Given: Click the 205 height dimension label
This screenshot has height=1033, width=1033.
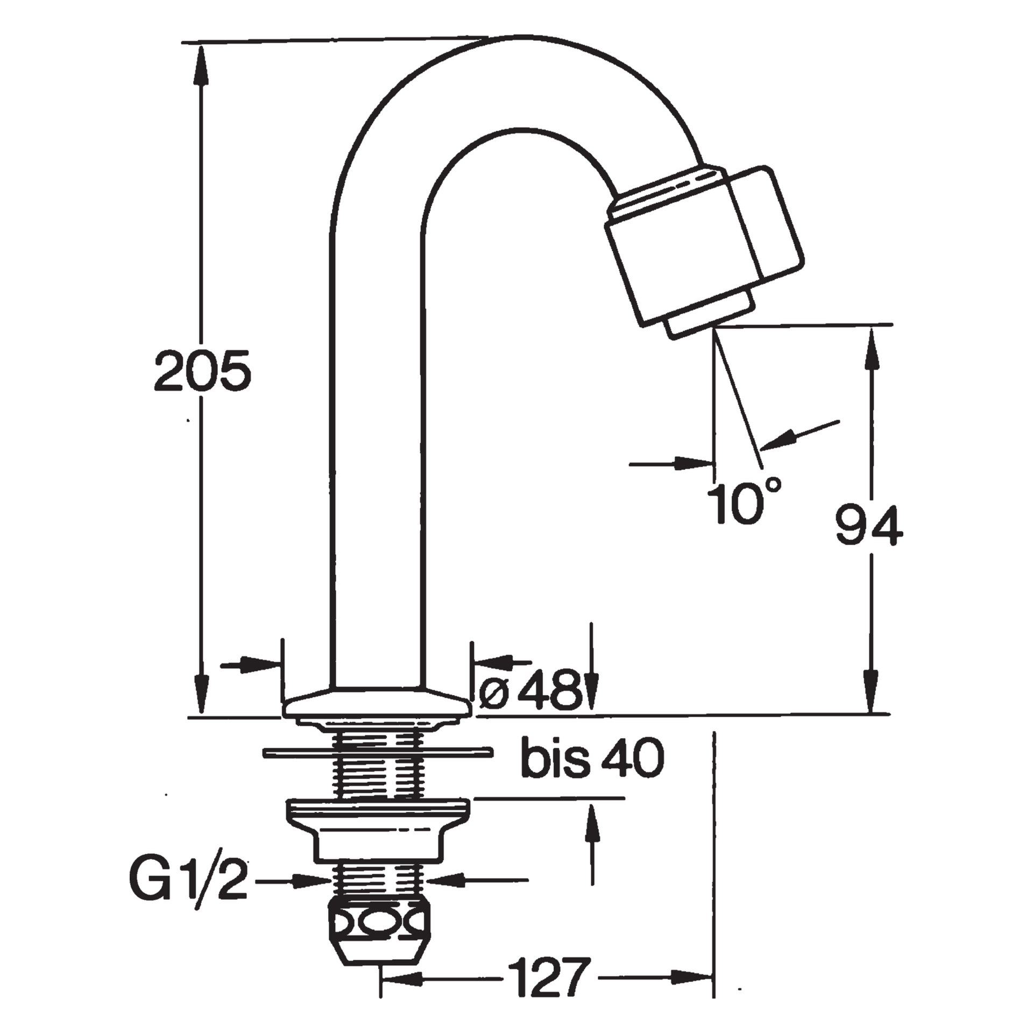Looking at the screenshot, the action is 202,371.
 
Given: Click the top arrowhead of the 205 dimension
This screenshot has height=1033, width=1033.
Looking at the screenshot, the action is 201,65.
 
